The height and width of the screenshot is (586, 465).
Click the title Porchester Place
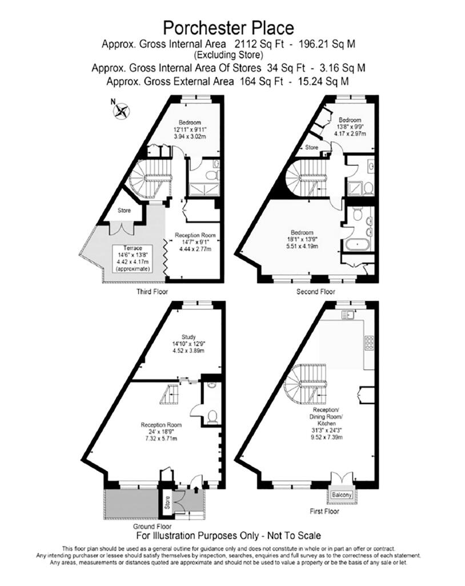pos(229,27)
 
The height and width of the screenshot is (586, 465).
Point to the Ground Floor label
pos(153,526)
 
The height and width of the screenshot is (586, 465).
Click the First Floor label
pos(340,510)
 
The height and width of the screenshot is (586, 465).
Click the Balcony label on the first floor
pos(343,494)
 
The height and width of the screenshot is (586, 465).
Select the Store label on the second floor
pos(311,148)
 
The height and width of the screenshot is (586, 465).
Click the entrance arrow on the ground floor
pos(197,488)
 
